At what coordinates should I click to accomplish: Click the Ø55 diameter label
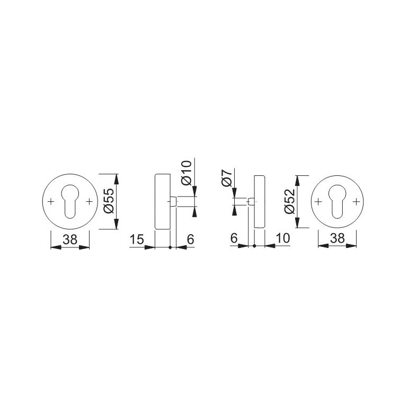tap(110, 201)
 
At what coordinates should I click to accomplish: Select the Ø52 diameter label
tap(290, 201)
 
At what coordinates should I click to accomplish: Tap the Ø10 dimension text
tap(187, 173)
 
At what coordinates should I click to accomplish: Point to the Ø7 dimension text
tap(227, 178)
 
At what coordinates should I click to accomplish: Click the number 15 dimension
tap(137, 239)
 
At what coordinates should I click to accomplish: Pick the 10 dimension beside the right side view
tap(282, 238)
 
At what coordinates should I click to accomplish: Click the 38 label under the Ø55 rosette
tap(70, 239)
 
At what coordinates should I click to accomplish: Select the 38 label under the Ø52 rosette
tap(337, 238)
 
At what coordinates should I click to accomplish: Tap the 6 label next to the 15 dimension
tap(191, 239)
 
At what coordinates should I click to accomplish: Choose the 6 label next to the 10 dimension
tap(234, 238)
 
